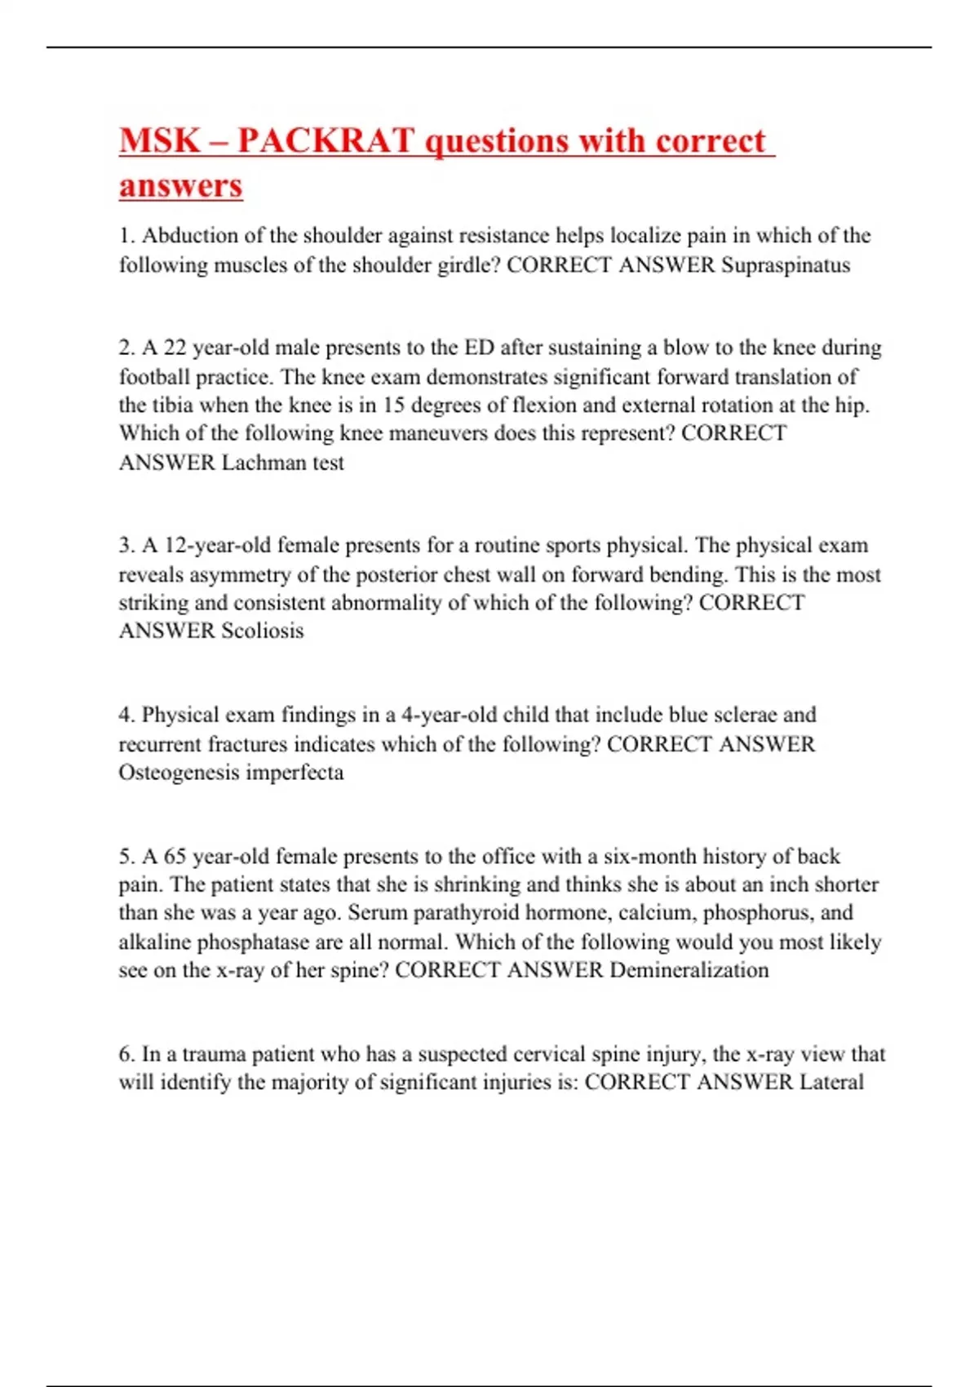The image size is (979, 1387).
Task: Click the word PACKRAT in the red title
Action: [x=326, y=141]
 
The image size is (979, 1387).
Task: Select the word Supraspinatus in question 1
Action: [x=786, y=265]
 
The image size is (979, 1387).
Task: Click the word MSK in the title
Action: [x=160, y=141]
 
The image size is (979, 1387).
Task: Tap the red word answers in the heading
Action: [x=181, y=185]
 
